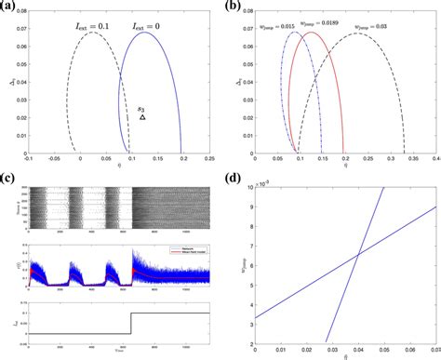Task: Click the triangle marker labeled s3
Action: (142, 118)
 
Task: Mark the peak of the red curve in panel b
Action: (312, 33)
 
